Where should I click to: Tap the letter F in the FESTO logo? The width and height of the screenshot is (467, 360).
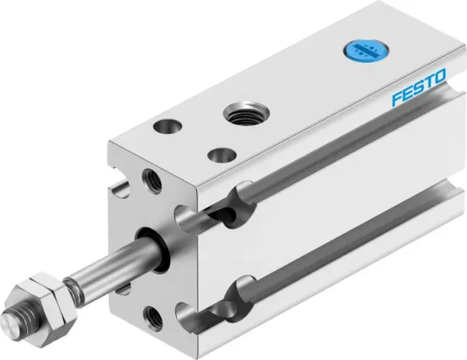click(395, 100)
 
